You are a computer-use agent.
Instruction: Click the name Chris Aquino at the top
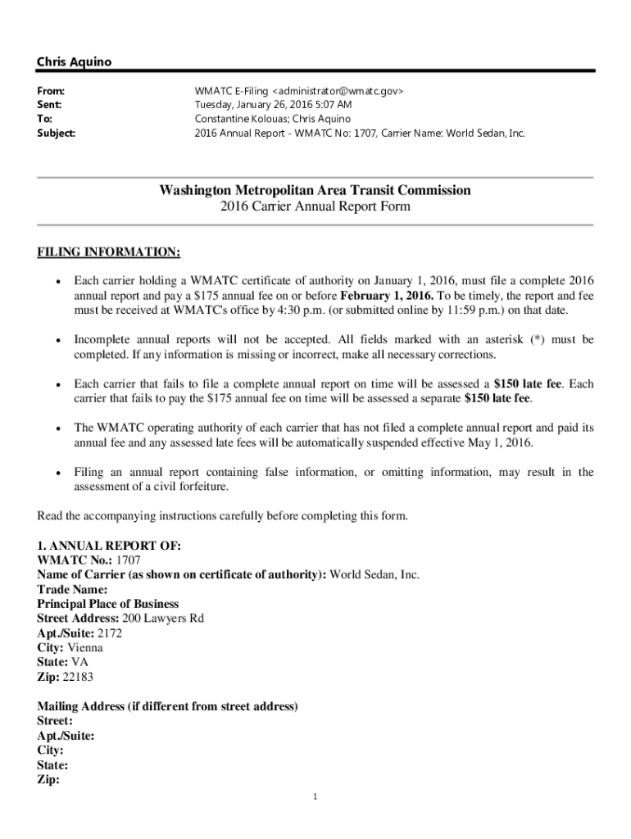pyautogui.click(x=73, y=62)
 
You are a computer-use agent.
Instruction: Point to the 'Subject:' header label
pyautogui.click(x=57, y=133)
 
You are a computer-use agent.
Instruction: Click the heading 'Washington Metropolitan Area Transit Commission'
pyautogui.click(x=315, y=190)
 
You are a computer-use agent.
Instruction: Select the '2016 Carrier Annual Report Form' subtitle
pyautogui.click(x=315, y=207)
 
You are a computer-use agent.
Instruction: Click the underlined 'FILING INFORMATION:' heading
pyautogui.click(x=109, y=251)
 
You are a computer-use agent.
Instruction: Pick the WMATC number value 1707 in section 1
pyautogui.click(x=129, y=560)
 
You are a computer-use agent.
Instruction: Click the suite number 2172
pyautogui.click(x=110, y=633)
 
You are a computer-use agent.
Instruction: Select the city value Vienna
pyautogui.click(x=85, y=648)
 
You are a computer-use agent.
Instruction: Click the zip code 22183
pyautogui.click(x=80, y=678)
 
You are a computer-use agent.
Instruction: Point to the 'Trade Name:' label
pyautogui.click(x=72, y=590)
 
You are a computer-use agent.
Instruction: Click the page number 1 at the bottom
pyautogui.click(x=315, y=796)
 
